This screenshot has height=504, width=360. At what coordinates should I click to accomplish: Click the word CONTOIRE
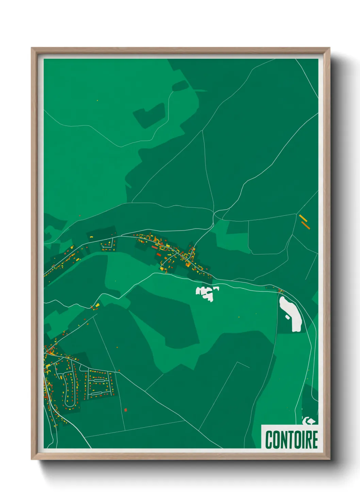(x=291, y=440)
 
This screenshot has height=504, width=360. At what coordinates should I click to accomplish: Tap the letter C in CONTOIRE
(x=268, y=440)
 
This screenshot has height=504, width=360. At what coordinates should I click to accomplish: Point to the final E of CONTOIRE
(x=314, y=440)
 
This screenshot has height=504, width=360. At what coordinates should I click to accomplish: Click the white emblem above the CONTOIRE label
(x=308, y=421)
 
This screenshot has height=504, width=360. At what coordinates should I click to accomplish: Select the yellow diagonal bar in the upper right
(x=302, y=217)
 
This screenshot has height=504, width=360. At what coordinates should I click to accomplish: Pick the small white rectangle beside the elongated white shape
(x=288, y=317)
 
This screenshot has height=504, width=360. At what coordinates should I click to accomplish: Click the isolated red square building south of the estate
(x=126, y=410)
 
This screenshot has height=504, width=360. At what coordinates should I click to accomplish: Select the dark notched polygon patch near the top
(x=149, y=115)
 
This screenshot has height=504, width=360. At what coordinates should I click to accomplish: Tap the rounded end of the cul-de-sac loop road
(x=70, y=405)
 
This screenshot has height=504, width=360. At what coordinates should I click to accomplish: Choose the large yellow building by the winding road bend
(x=97, y=305)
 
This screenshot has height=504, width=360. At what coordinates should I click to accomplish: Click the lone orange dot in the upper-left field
(x=97, y=100)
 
